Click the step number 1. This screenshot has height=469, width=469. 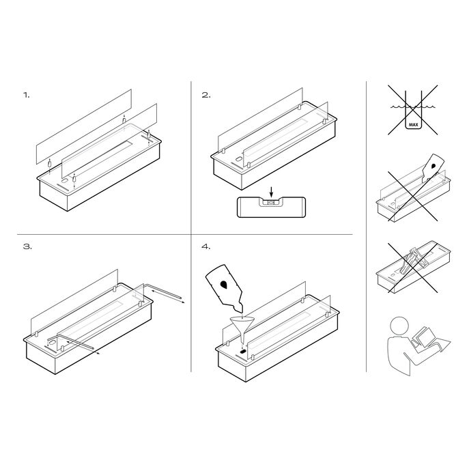[x=27, y=96]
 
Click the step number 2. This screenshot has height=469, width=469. [x=206, y=96]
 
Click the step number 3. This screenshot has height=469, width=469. [x=27, y=246]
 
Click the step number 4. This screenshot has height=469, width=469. [x=206, y=246]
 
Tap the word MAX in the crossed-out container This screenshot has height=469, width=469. [x=414, y=124]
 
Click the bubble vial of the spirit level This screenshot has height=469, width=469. [x=271, y=202]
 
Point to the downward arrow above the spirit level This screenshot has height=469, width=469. [x=271, y=191]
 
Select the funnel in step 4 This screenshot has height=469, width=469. [x=242, y=330]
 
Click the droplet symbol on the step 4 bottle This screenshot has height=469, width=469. [x=223, y=285]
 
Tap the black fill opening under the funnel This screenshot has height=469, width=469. [x=243, y=351]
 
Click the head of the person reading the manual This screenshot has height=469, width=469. [x=399, y=326]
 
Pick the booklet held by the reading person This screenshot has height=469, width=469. [x=423, y=337]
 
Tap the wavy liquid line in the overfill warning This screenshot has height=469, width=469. [x=413, y=106]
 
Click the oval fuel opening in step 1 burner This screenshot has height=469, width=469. [x=65, y=182]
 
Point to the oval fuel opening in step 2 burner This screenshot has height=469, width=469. [x=239, y=160]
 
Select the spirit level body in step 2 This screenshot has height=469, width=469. [x=271, y=207]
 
